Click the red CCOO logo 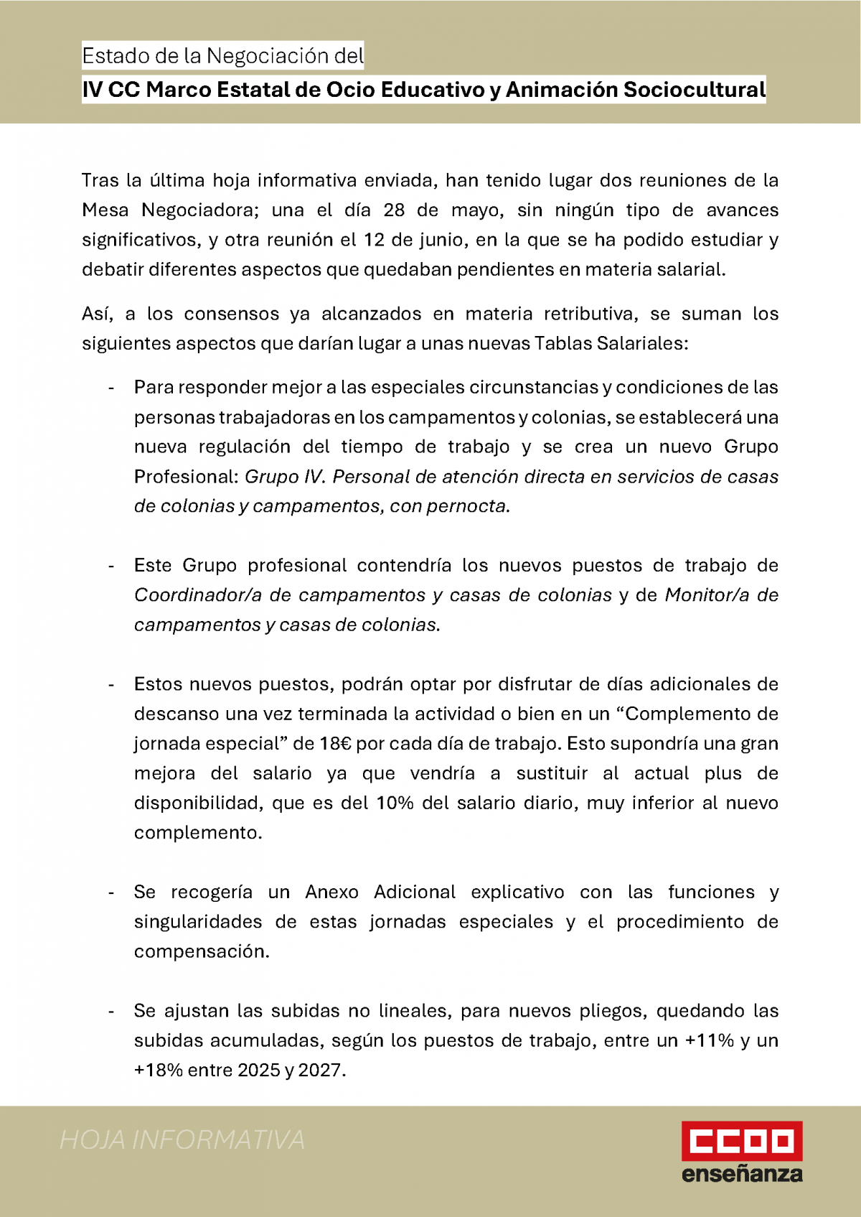pyautogui.click(x=741, y=1140)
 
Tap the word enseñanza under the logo pyautogui.click(x=741, y=1174)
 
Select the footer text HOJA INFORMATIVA pyautogui.click(x=182, y=1140)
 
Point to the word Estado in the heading pyautogui.click(x=108, y=56)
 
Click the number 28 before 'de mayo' pyautogui.click(x=394, y=210)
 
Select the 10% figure pyautogui.click(x=395, y=803)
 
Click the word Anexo pyautogui.click(x=331, y=892)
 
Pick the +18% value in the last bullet pyautogui.click(x=158, y=1071)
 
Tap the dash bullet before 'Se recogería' pyautogui.click(x=111, y=892)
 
